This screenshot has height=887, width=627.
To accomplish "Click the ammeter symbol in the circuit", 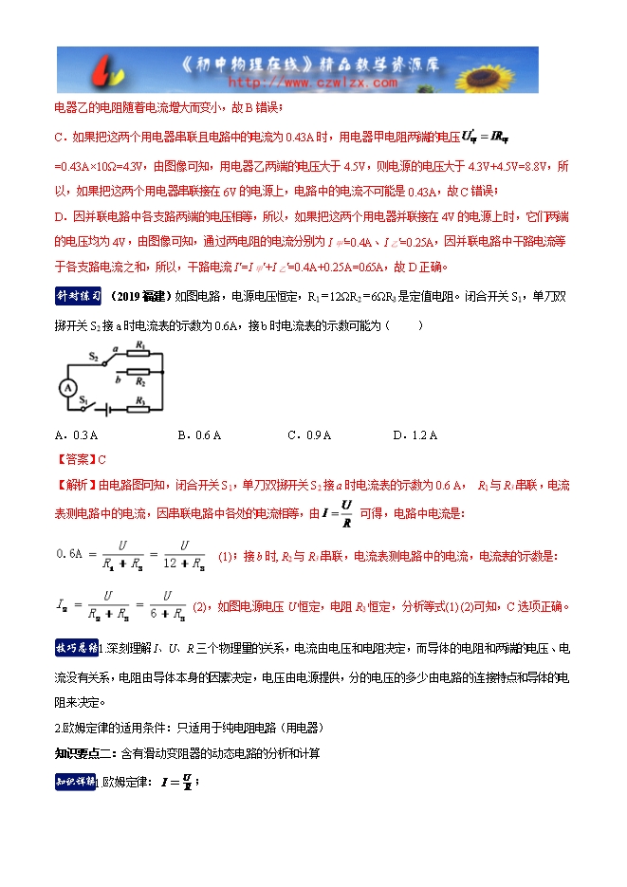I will (x=66, y=388).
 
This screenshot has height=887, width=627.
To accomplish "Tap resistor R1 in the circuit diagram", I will (x=139, y=352).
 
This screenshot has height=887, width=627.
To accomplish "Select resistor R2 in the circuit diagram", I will (x=139, y=371).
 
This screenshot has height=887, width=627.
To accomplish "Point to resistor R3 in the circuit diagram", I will (x=139, y=410).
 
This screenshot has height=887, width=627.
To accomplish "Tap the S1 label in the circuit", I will (x=84, y=399).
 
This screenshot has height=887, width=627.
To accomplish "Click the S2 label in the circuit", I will (x=95, y=357).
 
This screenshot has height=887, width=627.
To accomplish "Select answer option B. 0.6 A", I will (x=199, y=435).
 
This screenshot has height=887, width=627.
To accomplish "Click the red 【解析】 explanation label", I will (x=77, y=485).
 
